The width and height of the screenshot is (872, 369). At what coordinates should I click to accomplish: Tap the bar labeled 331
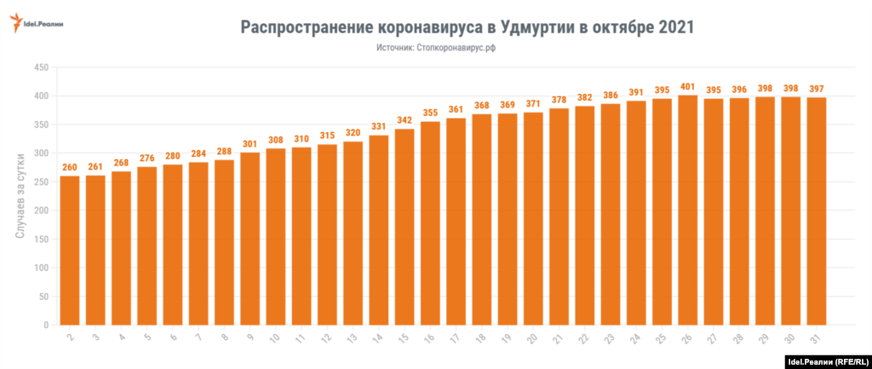[379, 230]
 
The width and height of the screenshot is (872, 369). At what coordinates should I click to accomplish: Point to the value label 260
[70, 167]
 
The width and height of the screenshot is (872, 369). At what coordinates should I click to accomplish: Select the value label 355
[431, 112]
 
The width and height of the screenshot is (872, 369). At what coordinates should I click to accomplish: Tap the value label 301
[250, 143]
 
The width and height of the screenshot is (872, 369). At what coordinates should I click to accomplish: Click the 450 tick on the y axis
[39, 67]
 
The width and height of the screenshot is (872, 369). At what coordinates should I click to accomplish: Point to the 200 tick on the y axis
[39, 210]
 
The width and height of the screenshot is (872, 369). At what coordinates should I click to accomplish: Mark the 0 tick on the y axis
[45, 325]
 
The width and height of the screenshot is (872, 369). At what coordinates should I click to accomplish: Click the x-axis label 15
[404, 338]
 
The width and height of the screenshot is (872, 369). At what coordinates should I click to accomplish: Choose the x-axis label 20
[533, 338]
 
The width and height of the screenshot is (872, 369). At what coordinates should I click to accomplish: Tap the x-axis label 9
[250, 338]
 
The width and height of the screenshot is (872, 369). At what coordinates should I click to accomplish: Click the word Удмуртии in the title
[532, 27]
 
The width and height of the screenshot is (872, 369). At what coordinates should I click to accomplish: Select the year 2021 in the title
[674, 27]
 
